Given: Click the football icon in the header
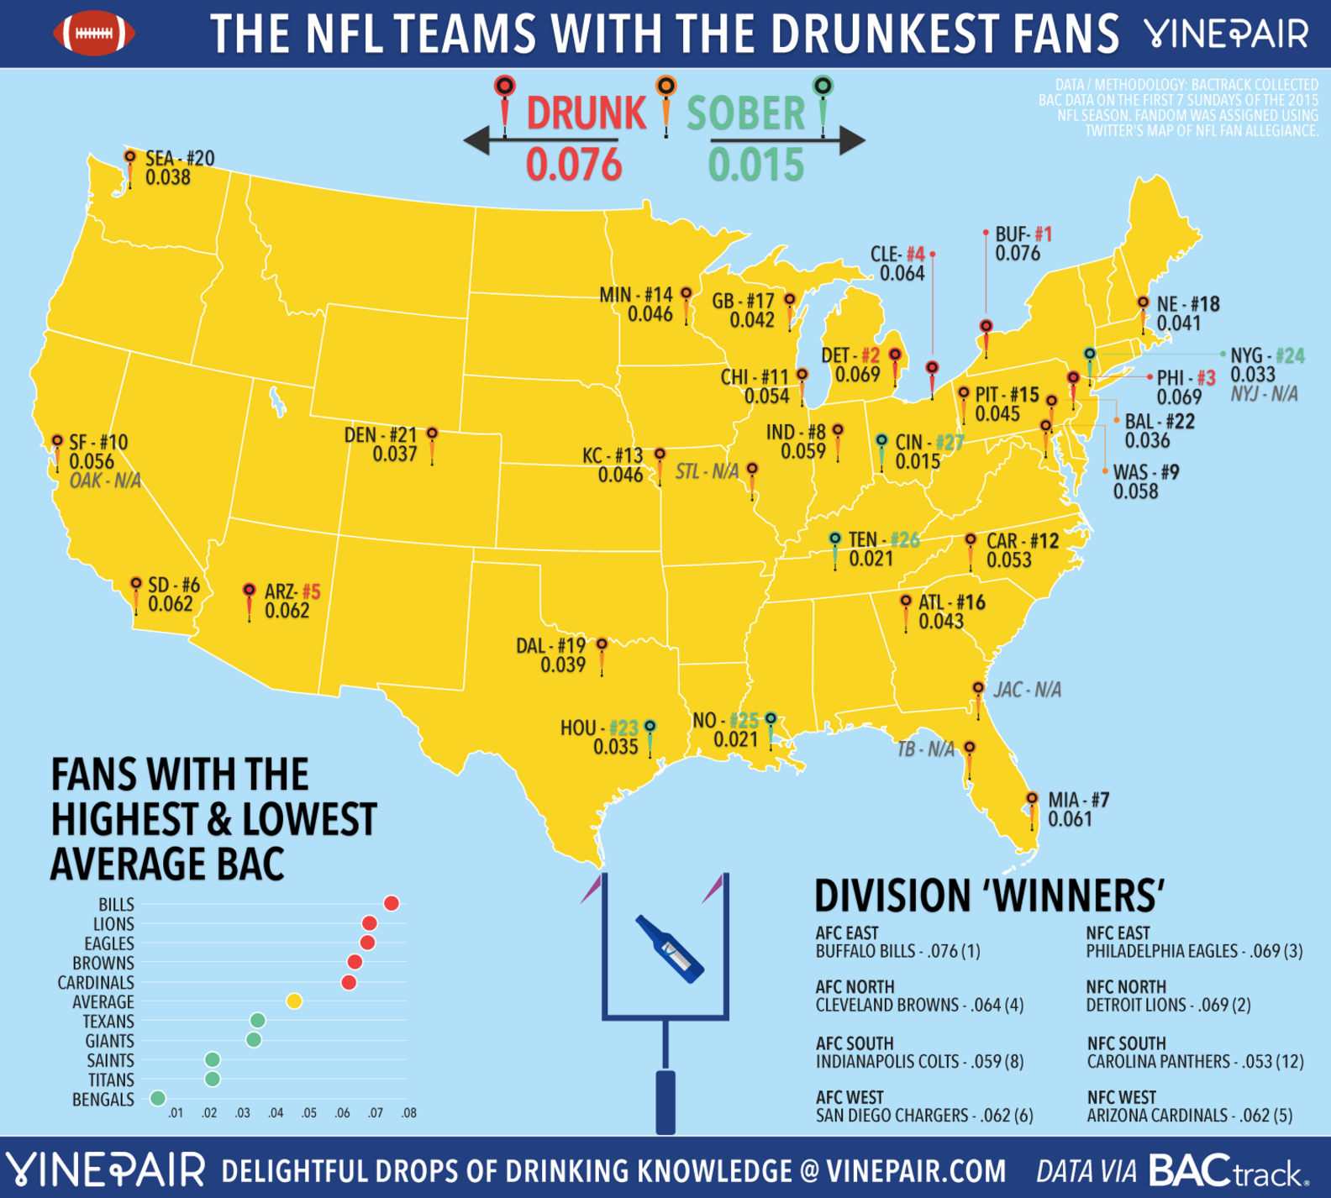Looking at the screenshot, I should click(x=94, y=33).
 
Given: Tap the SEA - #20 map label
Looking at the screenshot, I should click(x=179, y=159).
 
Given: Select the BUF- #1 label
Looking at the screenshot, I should click(x=1023, y=234).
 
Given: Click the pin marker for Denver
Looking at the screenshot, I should click(x=432, y=435).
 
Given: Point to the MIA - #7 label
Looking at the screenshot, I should click(x=1078, y=801).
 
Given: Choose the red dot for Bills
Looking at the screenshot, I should click(x=392, y=903).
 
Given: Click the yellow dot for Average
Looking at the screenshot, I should click(x=294, y=1001).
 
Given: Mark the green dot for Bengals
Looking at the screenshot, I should click(x=157, y=1098).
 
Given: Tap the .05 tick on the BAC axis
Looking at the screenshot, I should click(x=309, y=1113).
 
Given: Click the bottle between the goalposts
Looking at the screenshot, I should click(x=670, y=948).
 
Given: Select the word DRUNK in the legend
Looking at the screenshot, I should click(x=587, y=113).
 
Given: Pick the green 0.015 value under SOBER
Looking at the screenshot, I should click(x=755, y=165).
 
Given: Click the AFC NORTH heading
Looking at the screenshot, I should click(x=855, y=987).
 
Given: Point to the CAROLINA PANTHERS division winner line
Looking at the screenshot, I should click(x=1195, y=1062).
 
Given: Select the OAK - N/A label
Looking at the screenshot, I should click(x=105, y=481).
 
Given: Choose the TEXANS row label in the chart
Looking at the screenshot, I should click(x=108, y=1022).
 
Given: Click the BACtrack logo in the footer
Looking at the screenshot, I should click(x=1228, y=1171).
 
